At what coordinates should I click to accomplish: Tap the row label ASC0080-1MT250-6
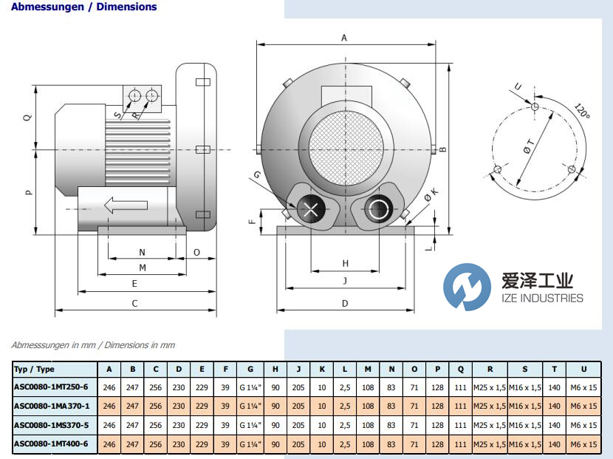(x=51, y=386)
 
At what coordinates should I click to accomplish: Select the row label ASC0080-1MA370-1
(x=51, y=406)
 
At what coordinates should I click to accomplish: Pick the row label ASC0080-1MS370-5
(x=51, y=425)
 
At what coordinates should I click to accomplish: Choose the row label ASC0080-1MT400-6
(x=51, y=443)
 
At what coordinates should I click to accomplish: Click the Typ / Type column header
(x=34, y=369)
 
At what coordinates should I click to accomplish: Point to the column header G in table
(x=250, y=369)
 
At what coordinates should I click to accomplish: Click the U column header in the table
(x=583, y=369)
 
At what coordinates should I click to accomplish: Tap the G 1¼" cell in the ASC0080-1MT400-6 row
(x=250, y=443)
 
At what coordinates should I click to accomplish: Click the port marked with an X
(x=311, y=209)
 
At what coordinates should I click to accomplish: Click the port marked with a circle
(x=379, y=209)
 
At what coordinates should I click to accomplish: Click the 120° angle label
(x=583, y=112)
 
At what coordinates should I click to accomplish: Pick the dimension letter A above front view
(x=344, y=37)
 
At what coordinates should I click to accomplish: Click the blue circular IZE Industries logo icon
(x=468, y=287)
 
